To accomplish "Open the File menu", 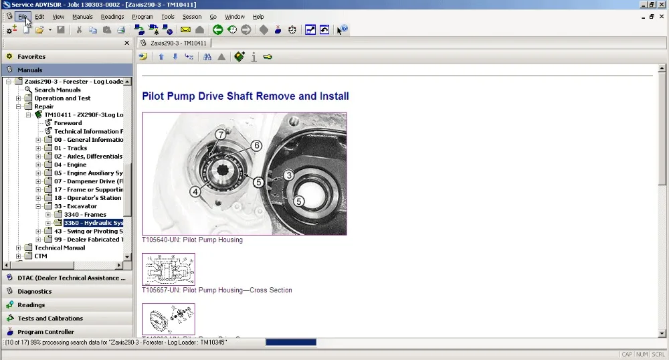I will [22, 17].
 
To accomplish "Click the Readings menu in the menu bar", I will [112, 17].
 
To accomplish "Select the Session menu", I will [191, 17].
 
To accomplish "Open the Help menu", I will [258, 17].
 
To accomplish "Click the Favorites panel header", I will [31, 57].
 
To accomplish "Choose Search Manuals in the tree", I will [58, 90].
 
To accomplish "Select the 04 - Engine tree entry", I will [70, 165].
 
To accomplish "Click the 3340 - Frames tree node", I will [85, 215].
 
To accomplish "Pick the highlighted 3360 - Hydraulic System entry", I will [93, 223].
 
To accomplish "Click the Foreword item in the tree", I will [68, 123].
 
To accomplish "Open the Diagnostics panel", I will [34, 292].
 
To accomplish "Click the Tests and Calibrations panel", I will [50, 319].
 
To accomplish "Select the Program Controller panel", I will [45, 332].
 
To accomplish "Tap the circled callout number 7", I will [220, 134].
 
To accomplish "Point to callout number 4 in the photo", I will [195, 191].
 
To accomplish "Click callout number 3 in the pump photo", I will [288, 175].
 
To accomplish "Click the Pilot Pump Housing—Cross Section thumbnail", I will [169, 269].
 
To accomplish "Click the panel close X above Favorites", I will [126, 43].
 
